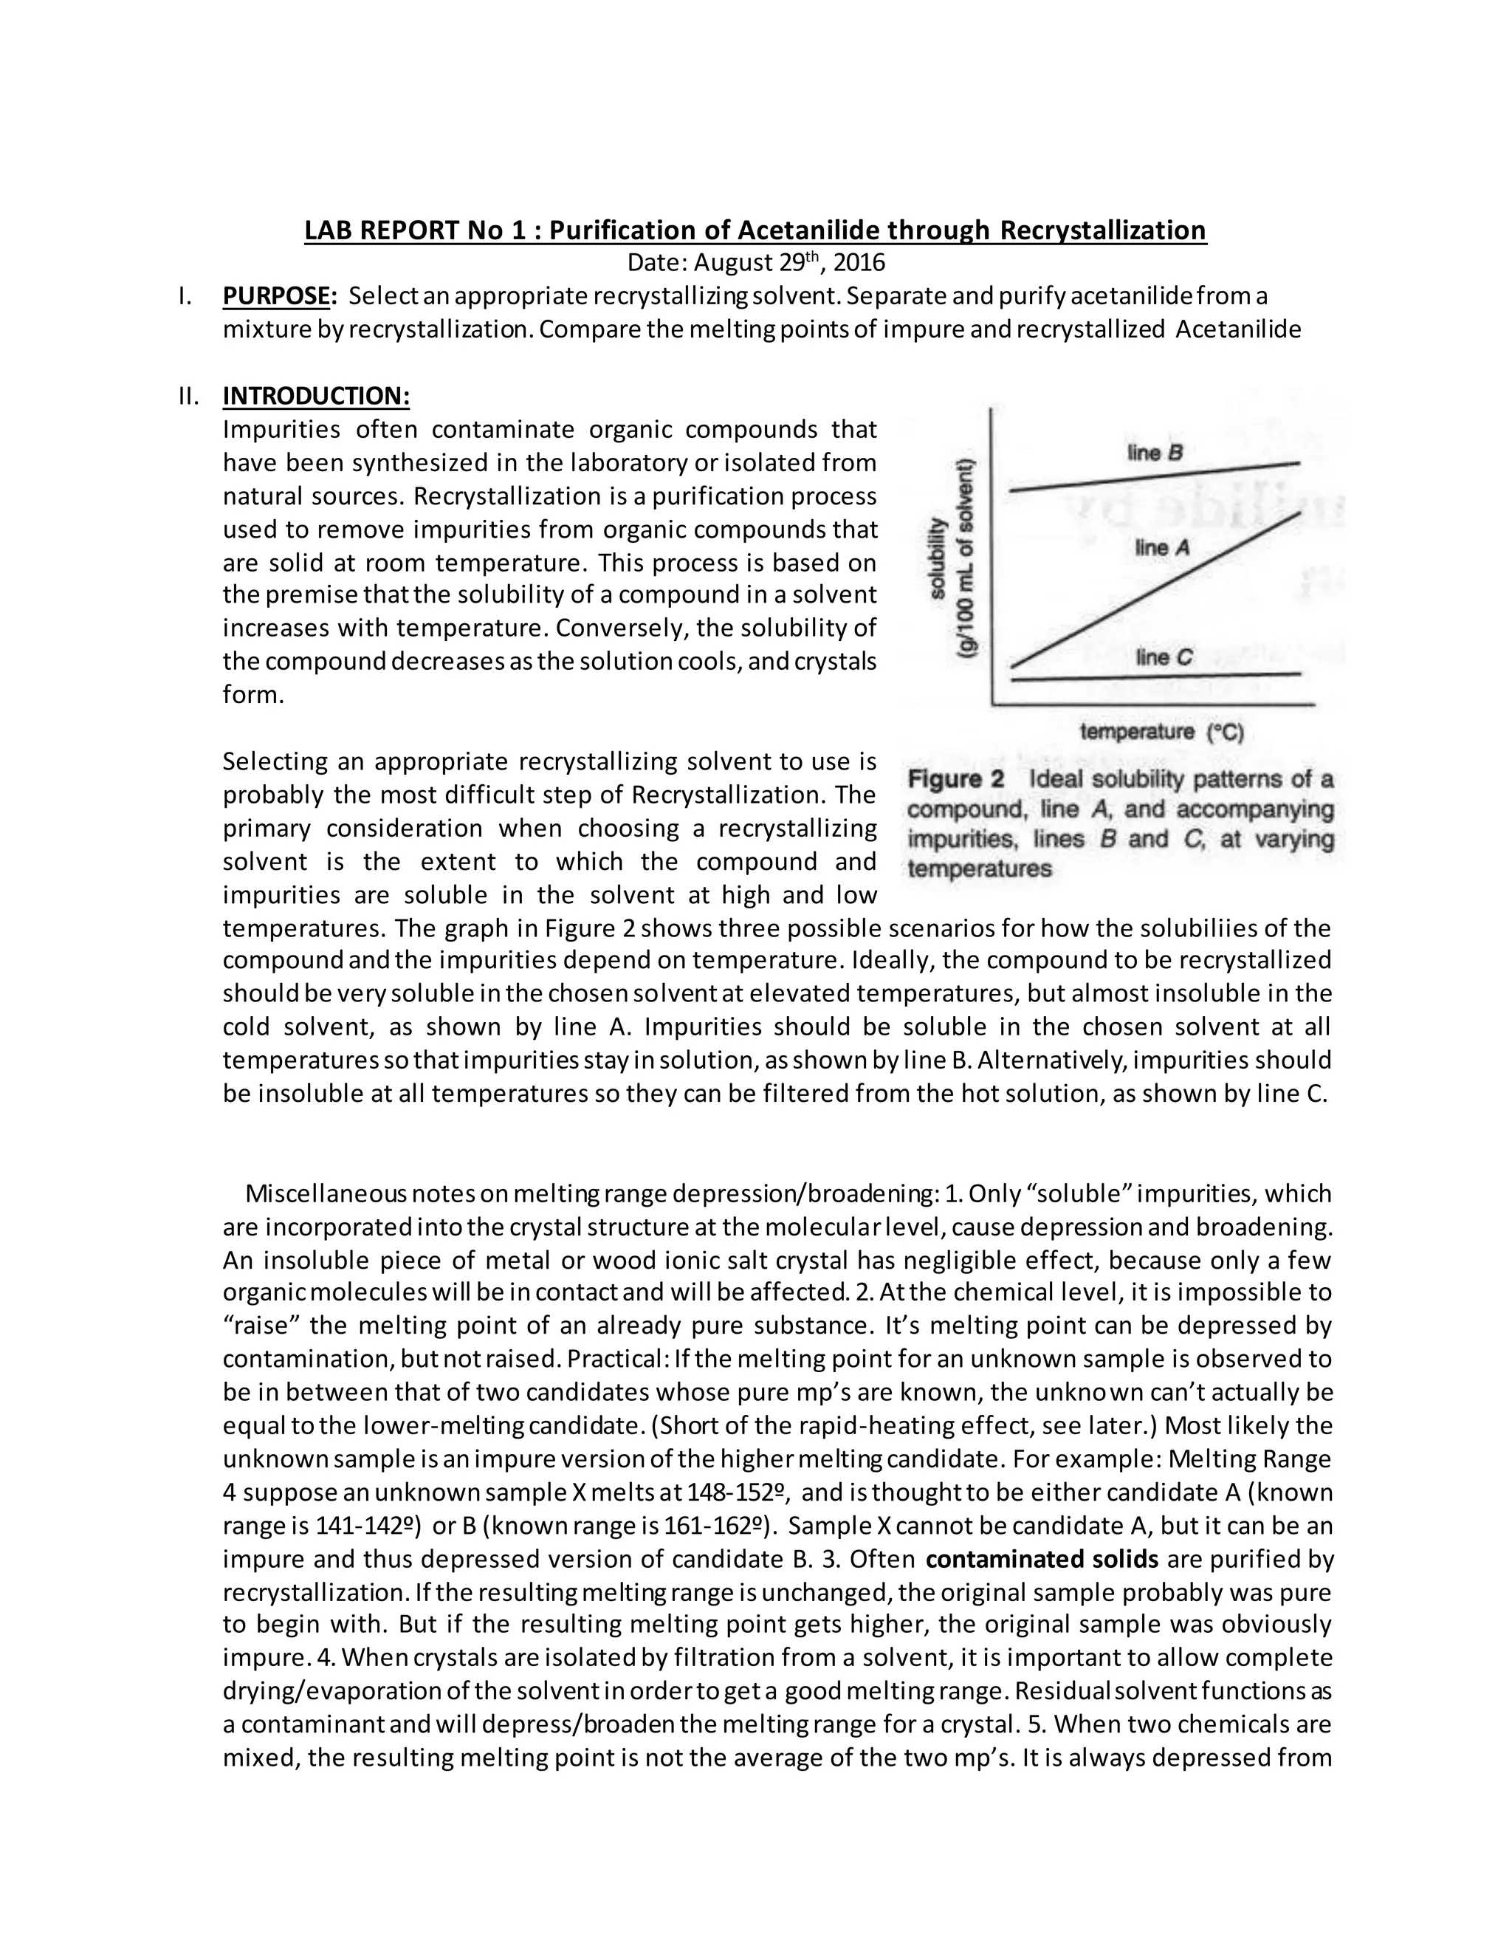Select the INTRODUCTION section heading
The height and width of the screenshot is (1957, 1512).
[x=315, y=396]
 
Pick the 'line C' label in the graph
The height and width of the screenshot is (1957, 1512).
[x=1164, y=658]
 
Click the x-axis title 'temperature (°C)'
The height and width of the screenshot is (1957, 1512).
[x=1162, y=732]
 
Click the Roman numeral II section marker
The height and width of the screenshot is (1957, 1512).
[x=189, y=396]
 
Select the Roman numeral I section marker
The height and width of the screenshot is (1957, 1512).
[x=183, y=295]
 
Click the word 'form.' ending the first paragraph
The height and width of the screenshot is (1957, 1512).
[x=252, y=696]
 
